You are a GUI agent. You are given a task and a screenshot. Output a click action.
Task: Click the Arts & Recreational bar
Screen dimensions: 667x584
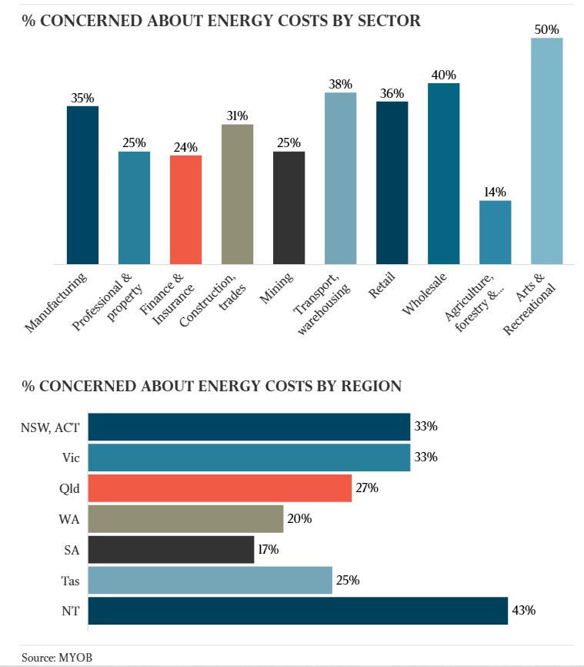(x=547, y=151)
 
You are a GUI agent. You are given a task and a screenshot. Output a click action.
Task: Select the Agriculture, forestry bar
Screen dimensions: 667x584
(x=495, y=232)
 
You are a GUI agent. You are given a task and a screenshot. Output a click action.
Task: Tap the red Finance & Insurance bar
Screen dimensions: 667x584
(x=185, y=209)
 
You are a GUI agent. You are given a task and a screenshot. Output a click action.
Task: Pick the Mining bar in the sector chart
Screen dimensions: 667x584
(x=289, y=207)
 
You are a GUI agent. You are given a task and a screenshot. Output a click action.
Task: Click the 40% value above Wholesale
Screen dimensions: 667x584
(x=443, y=75)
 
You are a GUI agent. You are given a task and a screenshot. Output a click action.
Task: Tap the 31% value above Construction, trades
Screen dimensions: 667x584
(x=237, y=116)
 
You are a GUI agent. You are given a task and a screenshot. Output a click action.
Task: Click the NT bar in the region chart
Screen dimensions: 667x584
(x=298, y=611)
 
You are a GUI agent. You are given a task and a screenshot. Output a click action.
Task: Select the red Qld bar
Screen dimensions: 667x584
(x=219, y=488)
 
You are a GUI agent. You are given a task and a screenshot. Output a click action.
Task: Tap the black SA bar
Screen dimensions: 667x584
(x=171, y=549)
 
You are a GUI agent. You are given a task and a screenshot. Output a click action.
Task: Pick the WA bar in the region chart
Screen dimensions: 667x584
(x=185, y=518)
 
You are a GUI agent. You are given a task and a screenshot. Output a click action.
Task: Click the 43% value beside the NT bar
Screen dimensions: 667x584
(x=523, y=611)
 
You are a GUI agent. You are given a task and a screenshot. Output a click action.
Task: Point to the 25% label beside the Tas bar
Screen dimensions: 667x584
(x=348, y=580)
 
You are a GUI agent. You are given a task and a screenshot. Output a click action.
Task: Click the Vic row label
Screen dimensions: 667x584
(x=72, y=458)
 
